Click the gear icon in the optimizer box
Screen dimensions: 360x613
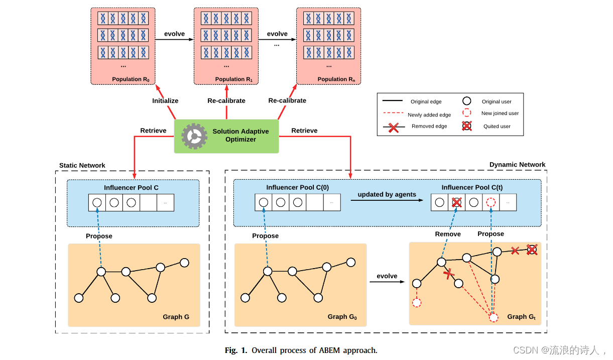coord(194,136)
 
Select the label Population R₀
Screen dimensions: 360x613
coord(131,79)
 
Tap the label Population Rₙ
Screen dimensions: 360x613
coord(336,79)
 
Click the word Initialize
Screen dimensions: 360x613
coord(165,100)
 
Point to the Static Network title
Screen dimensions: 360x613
coord(82,165)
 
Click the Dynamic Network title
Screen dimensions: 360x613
coord(517,165)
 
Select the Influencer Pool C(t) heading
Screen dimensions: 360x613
coord(472,187)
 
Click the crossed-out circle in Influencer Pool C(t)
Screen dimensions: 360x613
coord(456,203)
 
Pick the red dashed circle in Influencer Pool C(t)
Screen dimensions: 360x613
coord(491,203)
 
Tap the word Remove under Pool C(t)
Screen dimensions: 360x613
coord(448,234)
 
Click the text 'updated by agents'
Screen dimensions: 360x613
coord(387,194)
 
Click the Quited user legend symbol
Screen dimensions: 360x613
coord(467,127)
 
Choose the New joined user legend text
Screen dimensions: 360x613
coord(500,113)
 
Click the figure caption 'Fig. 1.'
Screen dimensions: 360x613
coord(236,350)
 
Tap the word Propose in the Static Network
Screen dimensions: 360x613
coord(99,236)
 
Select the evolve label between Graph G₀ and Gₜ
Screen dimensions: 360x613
coord(387,276)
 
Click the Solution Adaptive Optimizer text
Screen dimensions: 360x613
coord(240,135)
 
